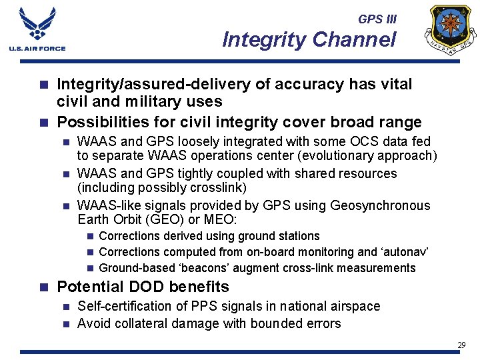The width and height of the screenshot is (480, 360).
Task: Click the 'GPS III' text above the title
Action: click(x=377, y=19)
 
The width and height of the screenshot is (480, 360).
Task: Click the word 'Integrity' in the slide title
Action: click(x=262, y=40)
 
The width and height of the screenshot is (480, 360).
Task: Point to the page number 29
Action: click(x=461, y=345)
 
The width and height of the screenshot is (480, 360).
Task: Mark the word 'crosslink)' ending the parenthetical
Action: click(x=219, y=188)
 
